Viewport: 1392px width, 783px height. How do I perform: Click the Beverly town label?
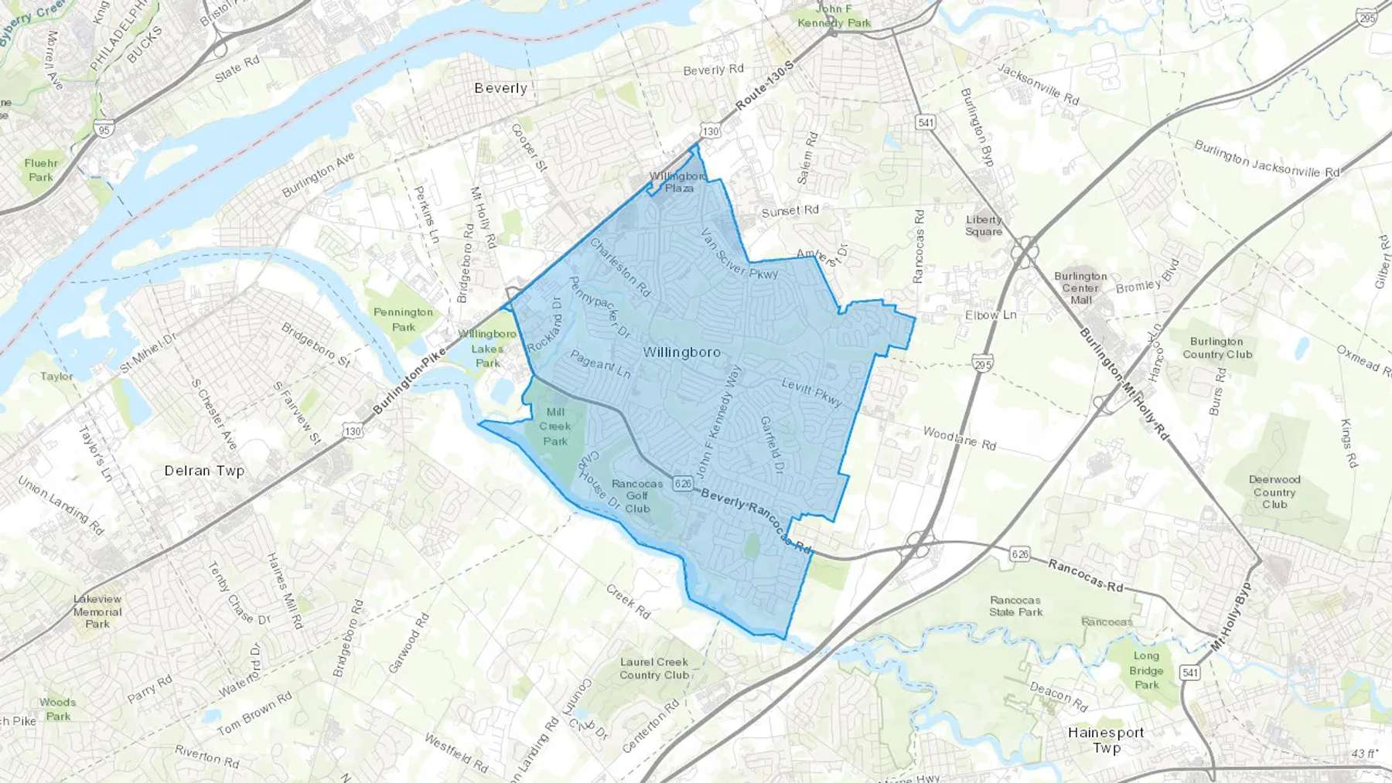coord(500,88)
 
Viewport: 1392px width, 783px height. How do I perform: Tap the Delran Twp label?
coord(204,471)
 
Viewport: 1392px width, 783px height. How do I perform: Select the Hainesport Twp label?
coord(1106,740)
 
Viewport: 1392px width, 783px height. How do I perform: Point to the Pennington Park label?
coord(403,319)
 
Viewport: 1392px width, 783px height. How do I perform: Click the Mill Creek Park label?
coord(555,427)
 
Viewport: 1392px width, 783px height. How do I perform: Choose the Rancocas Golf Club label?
coord(637,496)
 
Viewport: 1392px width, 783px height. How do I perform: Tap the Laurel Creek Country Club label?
coord(653,669)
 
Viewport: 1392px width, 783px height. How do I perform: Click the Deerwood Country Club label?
coord(1274,492)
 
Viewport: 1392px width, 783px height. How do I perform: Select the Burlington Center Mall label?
coord(1080,288)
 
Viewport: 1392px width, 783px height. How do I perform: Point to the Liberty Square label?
coord(984,226)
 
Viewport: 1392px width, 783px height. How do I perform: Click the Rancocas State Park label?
coord(1015,606)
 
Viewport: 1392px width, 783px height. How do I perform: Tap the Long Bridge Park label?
coord(1146,670)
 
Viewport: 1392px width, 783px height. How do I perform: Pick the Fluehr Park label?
coord(41,170)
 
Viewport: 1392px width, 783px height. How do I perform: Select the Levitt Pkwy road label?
coord(811,392)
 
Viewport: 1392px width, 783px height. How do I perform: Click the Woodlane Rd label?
coord(959,439)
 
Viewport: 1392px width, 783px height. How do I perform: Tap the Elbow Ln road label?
coord(991,315)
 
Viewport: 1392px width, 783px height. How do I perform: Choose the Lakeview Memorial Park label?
coord(97,611)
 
